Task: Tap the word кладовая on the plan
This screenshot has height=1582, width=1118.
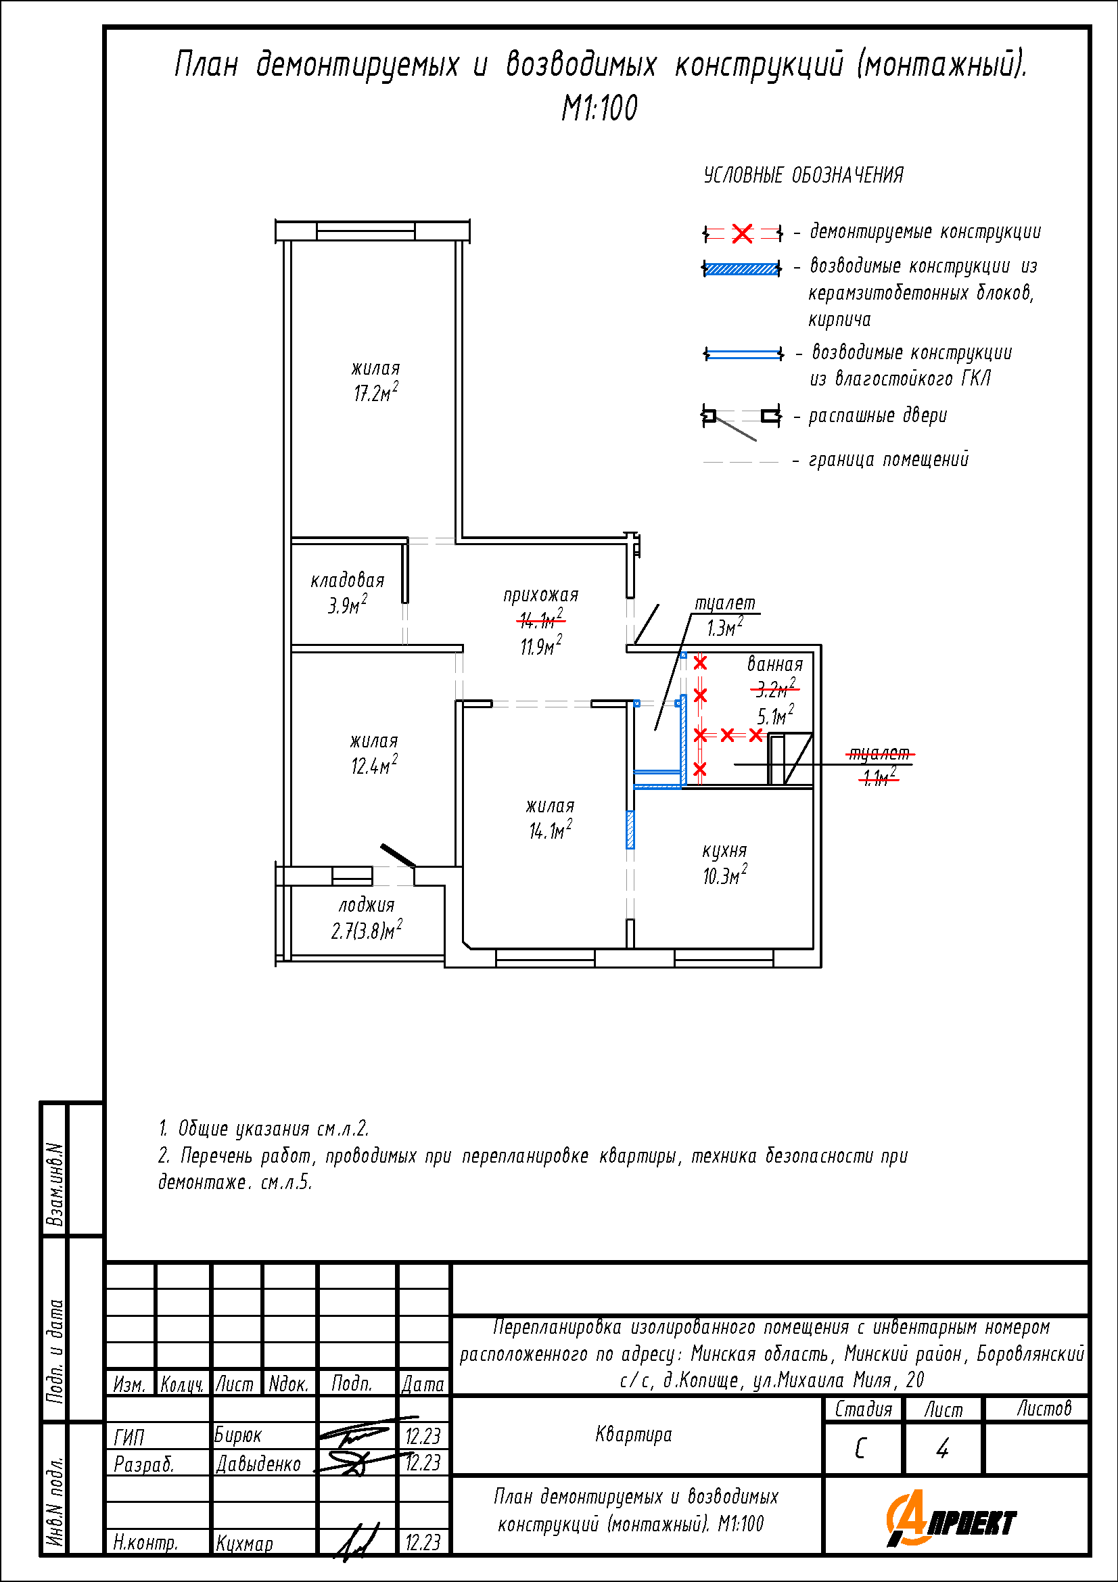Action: [x=347, y=580]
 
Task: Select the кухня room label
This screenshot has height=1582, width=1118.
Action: [x=724, y=851]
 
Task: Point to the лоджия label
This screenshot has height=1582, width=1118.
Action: [x=367, y=905]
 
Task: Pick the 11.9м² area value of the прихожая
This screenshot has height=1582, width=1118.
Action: [x=541, y=647]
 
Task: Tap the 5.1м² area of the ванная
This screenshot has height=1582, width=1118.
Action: [x=776, y=716]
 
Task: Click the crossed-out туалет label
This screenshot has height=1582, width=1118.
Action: [x=879, y=753]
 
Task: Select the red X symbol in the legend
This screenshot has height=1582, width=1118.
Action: [x=742, y=233]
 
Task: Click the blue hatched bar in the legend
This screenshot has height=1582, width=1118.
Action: [x=741, y=269]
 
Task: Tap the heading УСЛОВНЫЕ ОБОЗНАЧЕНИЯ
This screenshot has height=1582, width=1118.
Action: [x=803, y=175]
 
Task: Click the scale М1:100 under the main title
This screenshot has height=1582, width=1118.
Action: [x=599, y=108]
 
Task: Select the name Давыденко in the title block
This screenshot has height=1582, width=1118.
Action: [x=258, y=1464]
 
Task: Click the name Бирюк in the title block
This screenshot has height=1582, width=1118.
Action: [x=237, y=1435]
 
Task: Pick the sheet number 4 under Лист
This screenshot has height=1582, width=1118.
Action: [x=942, y=1449]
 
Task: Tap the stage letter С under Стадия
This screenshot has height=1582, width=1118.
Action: [x=860, y=1449]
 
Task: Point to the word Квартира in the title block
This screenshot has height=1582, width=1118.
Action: [x=633, y=1435]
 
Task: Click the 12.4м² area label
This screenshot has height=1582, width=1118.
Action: [x=374, y=766]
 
